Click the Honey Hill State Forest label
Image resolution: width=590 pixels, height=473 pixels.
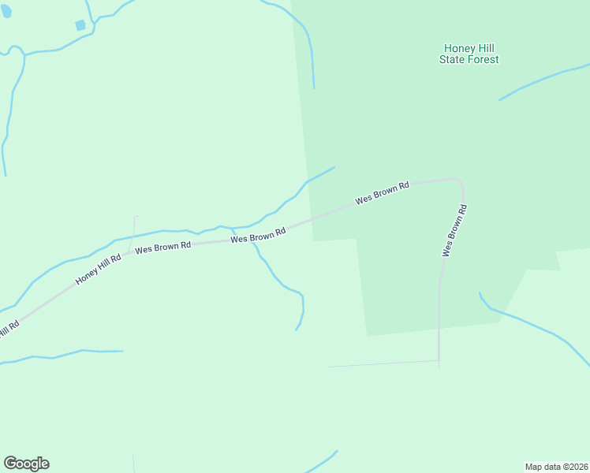[469, 54]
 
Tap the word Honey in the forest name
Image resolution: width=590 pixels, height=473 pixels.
[457, 48]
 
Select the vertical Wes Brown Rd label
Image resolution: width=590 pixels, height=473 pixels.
[454, 230]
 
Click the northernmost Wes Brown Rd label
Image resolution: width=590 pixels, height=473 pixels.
[383, 193]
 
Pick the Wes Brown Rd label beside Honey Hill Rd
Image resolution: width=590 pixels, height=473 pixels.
[163, 247]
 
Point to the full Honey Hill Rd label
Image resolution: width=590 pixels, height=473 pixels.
[99, 269]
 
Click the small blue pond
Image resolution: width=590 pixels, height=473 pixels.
[80, 25]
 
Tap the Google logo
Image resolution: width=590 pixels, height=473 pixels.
[26, 464]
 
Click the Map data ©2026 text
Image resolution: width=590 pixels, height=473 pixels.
[556, 466]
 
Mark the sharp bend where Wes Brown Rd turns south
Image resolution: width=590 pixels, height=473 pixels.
[460, 181]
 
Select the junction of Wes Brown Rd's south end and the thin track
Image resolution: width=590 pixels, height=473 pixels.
[439, 361]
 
